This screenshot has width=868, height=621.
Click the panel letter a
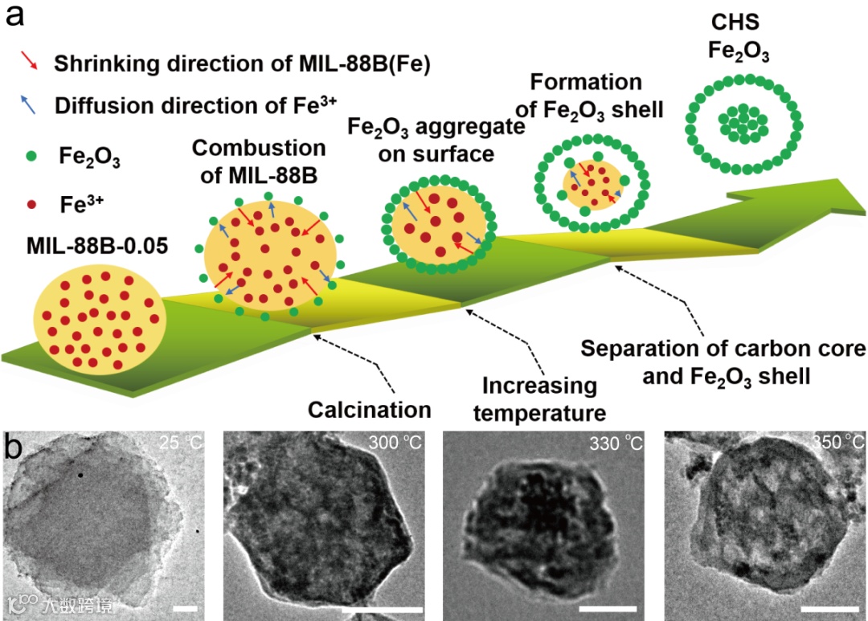pyautogui.click(x=15, y=15)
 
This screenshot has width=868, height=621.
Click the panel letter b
pyautogui.click(x=14, y=447)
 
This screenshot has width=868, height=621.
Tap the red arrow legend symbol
pyautogui.click(x=28, y=62)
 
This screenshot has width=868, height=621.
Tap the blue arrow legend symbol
pyautogui.click(x=28, y=104)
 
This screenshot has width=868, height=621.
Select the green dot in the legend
pyautogui.click(x=29, y=153)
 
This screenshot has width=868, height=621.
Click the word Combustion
pyautogui.click(x=258, y=149)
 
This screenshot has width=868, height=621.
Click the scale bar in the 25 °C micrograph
pyautogui.click(x=185, y=608)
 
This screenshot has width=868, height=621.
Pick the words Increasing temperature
pyautogui.click(x=547, y=399)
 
